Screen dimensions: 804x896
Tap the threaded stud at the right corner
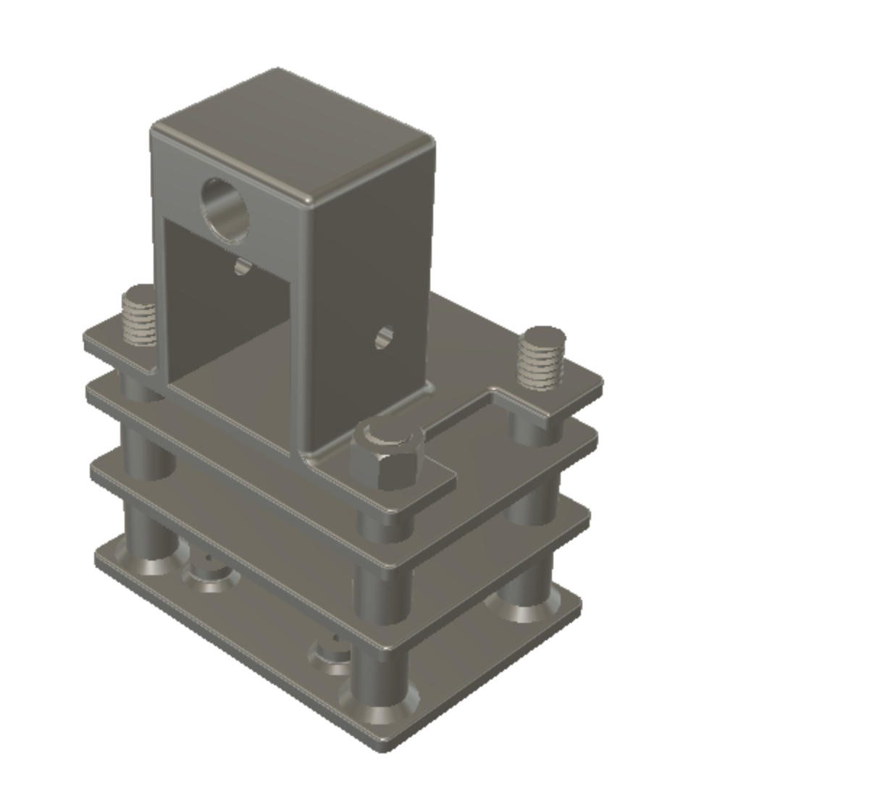[543, 358]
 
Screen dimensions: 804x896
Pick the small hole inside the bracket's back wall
[242, 267]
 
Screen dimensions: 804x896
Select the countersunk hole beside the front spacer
[330, 655]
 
